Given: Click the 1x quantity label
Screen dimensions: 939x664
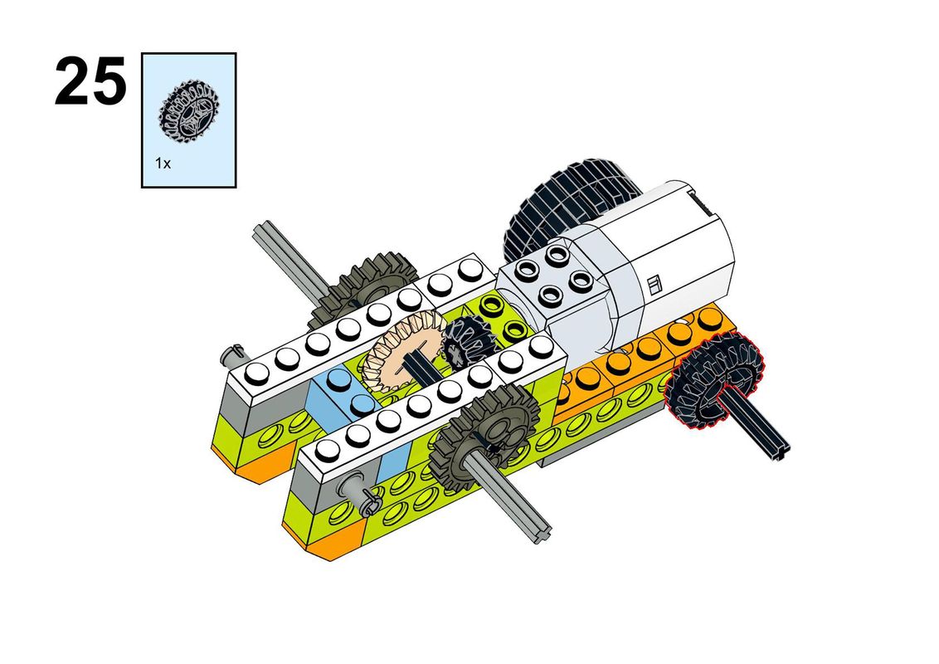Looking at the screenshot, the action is pos(163,163).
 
